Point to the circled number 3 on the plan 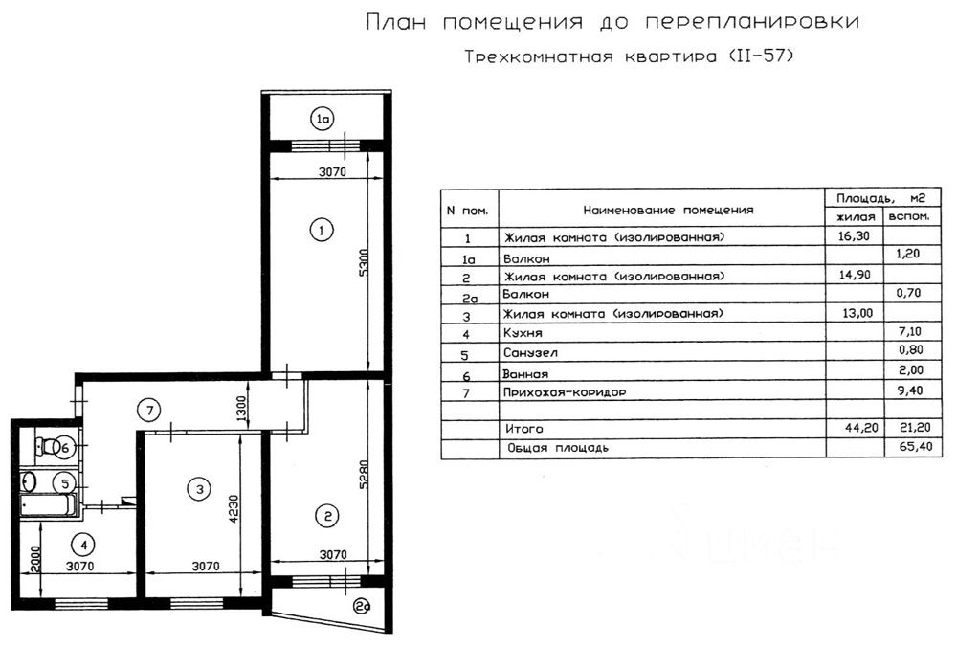[199, 490]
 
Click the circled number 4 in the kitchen [85, 546]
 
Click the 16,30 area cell [855, 236]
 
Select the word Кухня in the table [522, 334]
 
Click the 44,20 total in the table [855, 429]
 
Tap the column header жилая [855, 217]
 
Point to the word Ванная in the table [524, 373]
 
